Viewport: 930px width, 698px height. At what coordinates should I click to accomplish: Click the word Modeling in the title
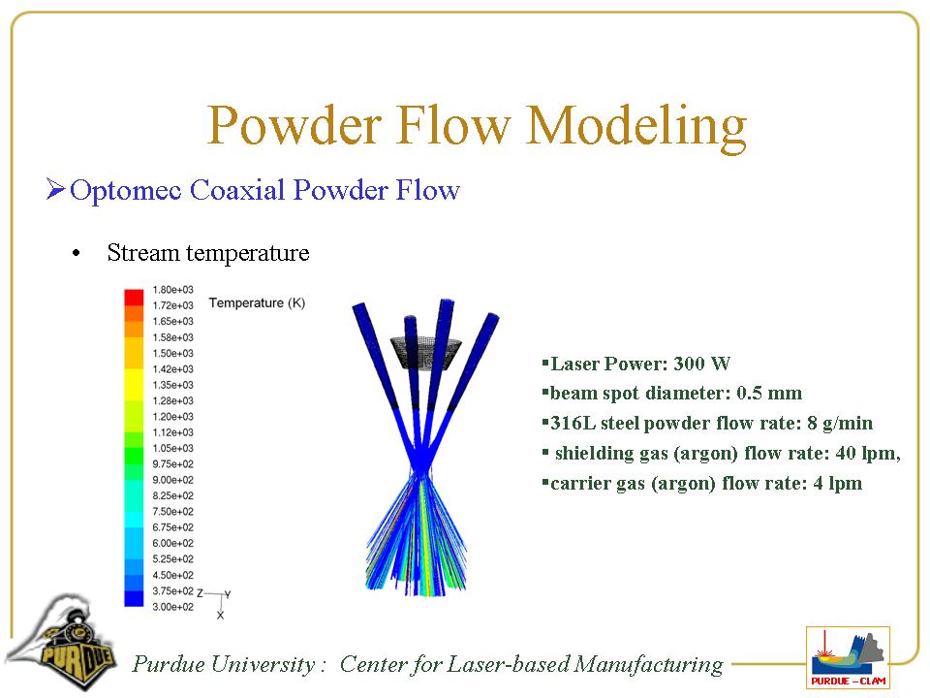636,126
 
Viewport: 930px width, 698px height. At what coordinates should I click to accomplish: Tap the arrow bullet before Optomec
55,189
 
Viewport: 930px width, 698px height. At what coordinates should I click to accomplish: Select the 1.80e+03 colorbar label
172,290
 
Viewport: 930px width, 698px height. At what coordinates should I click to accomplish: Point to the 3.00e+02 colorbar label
172,607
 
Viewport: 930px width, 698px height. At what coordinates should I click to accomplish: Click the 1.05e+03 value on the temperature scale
172,448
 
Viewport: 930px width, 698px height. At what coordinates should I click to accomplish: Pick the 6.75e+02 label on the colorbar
172,527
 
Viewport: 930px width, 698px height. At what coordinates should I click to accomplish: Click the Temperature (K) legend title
257,302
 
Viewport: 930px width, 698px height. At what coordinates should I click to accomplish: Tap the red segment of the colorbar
134,297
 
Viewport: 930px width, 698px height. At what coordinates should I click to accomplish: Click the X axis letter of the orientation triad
220,616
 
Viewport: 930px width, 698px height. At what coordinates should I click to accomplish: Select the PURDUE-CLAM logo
849,657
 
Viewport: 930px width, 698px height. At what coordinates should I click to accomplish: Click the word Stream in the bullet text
143,253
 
